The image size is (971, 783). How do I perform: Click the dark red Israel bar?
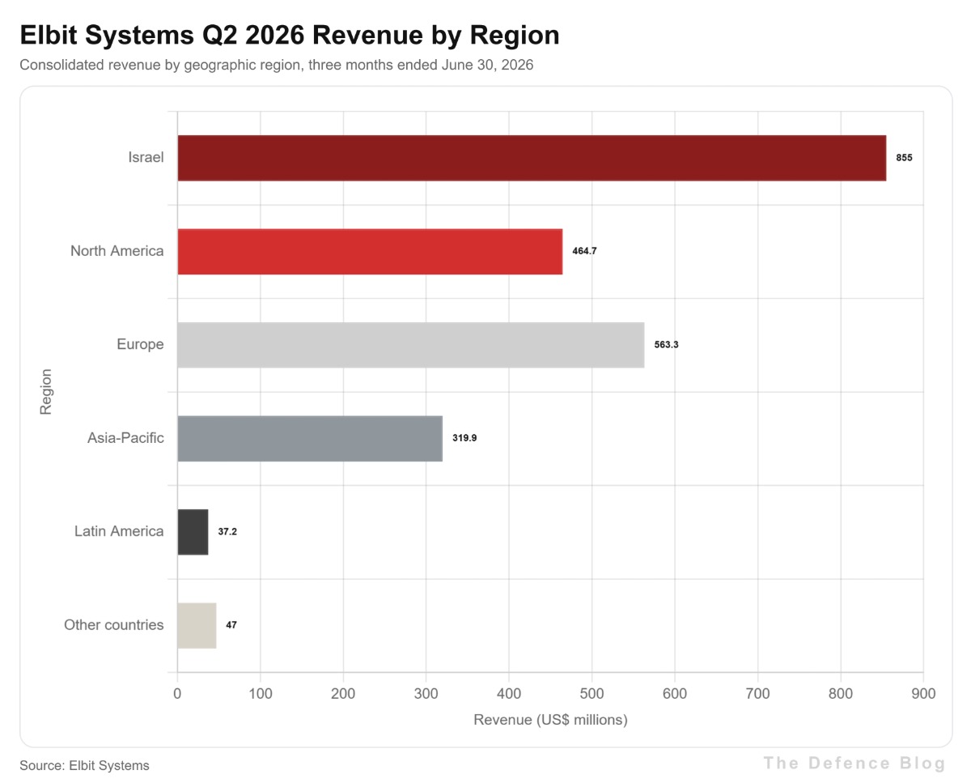[532, 158]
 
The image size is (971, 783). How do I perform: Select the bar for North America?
[370, 252]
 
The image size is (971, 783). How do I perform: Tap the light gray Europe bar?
[411, 345]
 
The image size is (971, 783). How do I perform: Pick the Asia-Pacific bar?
[310, 438]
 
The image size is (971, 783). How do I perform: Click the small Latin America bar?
[193, 532]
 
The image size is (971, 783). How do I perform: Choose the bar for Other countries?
[197, 625]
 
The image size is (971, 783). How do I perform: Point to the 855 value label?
[904, 158]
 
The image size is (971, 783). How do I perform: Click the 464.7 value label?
[584, 251]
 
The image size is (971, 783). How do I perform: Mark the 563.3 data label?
[666, 345]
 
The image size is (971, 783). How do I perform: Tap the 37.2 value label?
[227, 531]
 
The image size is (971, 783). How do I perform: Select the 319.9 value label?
[464, 438]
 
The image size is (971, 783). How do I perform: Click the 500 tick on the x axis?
[592, 694]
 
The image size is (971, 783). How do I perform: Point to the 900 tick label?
[923, 694]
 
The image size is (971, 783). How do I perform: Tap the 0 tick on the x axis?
[177, 694]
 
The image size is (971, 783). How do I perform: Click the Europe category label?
[140, 344]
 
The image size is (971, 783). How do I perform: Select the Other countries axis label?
[114, 624]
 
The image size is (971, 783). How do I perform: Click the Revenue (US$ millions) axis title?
[550, 720]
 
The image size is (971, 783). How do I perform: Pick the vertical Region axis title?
[46, 392]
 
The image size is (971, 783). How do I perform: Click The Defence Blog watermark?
[854, 763]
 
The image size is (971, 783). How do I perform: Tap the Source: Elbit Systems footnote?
[84, 766]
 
